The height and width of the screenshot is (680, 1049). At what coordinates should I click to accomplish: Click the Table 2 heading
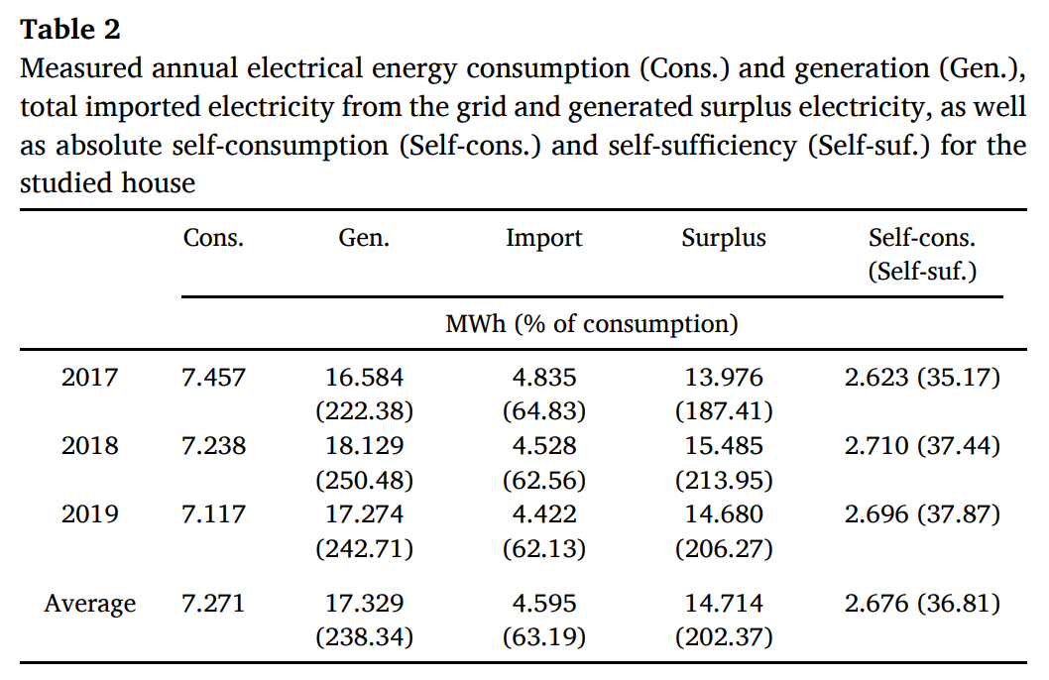(x=70, y=30)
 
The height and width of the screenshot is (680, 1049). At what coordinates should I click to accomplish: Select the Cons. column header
(x=213, y=238)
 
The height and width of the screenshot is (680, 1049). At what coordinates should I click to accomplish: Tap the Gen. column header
(x=364, y=238)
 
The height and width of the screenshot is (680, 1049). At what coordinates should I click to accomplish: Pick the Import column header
(x=543, y=238)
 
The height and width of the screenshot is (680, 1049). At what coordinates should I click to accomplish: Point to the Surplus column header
(x=724, y=238)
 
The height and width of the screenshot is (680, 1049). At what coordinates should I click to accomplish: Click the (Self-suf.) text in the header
(x=922, y=272)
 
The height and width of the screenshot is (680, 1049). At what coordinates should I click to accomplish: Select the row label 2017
(x=89, y=378)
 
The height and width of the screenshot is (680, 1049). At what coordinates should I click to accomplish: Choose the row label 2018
(x=89, y=446)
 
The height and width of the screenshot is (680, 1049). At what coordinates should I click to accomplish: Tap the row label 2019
(x=89, y=514)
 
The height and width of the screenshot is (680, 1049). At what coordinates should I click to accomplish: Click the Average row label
(x=89, y=604)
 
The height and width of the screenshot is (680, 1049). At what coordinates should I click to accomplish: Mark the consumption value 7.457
(x=213, y=378)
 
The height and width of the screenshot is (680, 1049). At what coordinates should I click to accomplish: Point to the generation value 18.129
(x=364, y=446)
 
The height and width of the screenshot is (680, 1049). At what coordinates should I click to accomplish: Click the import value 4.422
(x=543, y=514)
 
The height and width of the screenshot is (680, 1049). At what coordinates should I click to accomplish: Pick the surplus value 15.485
(x=724, y=446)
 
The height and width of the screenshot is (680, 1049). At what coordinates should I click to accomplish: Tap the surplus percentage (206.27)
(x=724, y=548)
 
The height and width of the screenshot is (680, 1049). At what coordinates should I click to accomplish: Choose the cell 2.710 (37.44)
(x=922, y=446)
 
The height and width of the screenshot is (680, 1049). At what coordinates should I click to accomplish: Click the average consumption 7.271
(x=213, y=604)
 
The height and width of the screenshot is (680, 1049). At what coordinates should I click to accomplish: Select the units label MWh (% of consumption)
(x=591, y=323)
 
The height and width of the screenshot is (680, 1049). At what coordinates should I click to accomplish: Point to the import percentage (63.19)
(x=543, y=637)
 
